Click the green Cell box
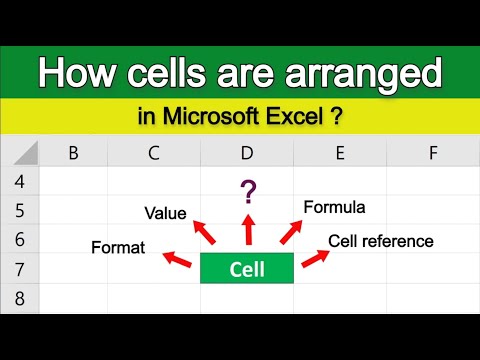246,269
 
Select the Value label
165,212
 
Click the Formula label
334,207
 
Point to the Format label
117,246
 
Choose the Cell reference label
380,241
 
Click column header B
73,153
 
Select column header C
154,153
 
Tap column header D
246,153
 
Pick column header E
340,153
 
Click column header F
432,153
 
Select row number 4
19,181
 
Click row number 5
19,211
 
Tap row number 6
19,240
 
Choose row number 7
19,269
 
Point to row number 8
19,298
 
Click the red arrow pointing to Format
177,260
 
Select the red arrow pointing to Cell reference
315,258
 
